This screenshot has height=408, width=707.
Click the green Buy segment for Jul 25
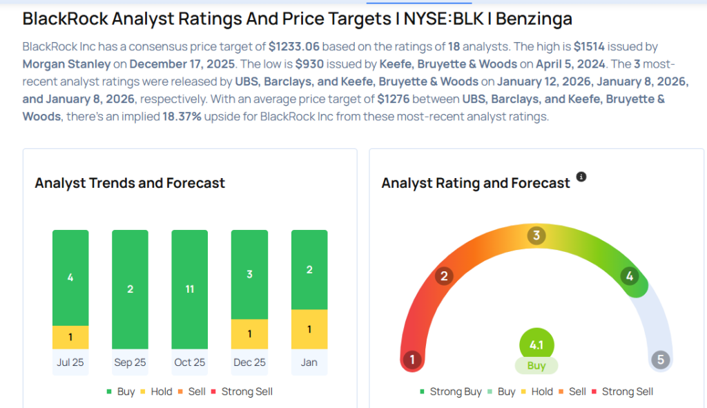[70, 278]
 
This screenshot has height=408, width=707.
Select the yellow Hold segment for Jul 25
[70, 337]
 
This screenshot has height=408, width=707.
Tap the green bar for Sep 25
[130, 289]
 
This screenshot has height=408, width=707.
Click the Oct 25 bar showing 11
[189, 289]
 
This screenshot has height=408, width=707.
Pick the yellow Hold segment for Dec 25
[249, 333]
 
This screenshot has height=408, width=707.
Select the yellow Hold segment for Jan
[309, 329]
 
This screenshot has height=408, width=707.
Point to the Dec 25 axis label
[249, 362]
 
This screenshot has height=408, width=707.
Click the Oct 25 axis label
[189, 362]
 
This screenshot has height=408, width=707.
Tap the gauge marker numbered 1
[412, 360]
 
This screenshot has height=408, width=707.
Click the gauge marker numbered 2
[444, 277]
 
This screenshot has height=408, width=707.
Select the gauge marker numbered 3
[536, 236]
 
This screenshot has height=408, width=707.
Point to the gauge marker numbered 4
[629, 277]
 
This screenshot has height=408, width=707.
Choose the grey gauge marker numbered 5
[660, 360]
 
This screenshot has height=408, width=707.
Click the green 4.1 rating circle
[536, 344]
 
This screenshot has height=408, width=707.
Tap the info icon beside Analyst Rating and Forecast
[581, 177]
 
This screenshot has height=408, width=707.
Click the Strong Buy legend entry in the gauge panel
[451, 391]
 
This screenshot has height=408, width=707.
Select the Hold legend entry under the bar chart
[156, 391]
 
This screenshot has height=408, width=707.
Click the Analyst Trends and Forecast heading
[130, 183]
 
